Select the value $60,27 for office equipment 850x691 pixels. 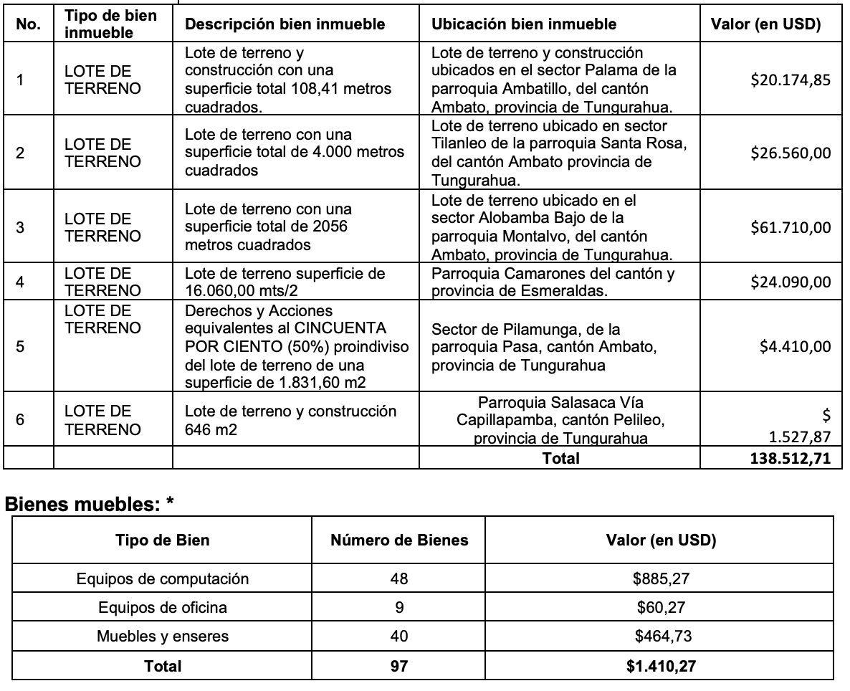[x=661, y=608]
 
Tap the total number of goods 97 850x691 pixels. [x=399, y=666]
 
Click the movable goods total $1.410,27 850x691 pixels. [x=661, y=666]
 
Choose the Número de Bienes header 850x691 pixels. [x=399, y=540]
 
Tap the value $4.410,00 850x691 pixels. [x=796, y=347]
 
